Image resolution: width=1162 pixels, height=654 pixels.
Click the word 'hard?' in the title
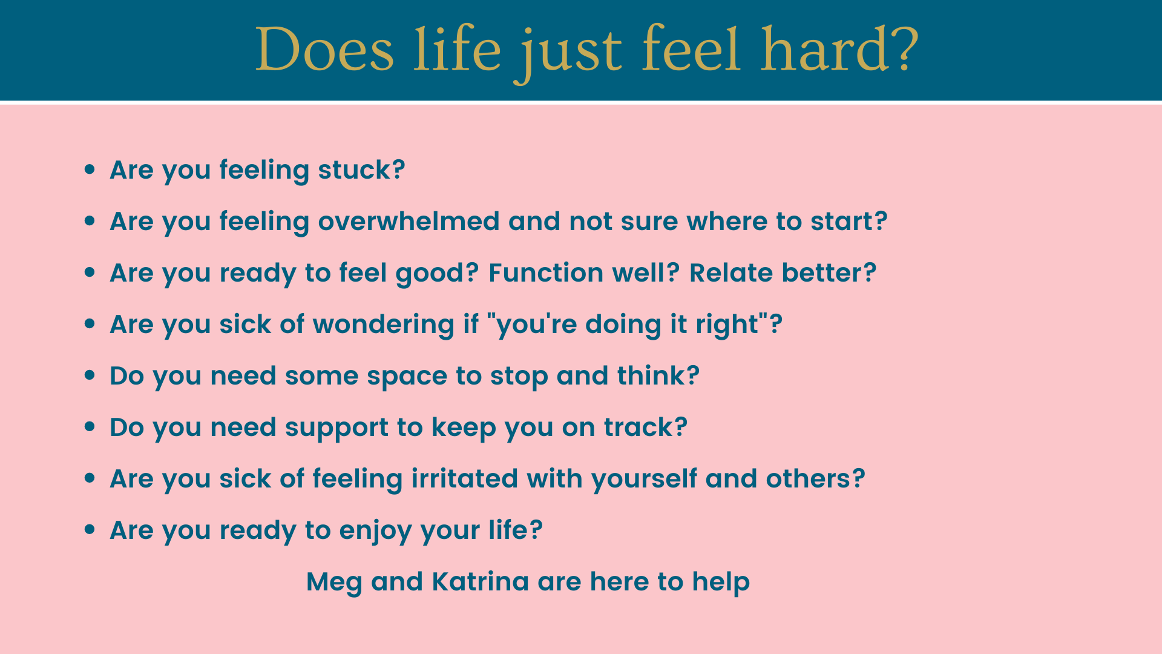point(839,50)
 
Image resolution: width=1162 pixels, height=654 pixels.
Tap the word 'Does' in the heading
point(325,50)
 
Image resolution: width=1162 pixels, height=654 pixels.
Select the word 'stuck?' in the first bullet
point(361,170)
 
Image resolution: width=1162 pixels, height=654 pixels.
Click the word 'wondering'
point(384,325)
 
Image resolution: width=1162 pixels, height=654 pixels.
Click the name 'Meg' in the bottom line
point(334,583)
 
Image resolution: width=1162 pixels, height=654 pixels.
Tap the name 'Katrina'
point(481,581)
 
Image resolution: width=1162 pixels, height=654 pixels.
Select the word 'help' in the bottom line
point(721,583)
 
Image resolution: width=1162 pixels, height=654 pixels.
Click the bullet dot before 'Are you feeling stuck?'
point(90,170)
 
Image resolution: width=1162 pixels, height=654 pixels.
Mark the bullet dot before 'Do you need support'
point(90,427)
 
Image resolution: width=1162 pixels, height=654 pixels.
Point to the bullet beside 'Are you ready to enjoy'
point(90,530)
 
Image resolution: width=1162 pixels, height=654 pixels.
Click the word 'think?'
point(658,375)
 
